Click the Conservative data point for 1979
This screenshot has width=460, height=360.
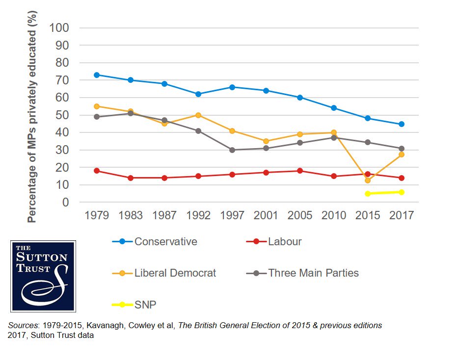coord(97,75)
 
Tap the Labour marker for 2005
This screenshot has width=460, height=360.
coord(299,171)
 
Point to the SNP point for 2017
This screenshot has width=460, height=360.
coord(402,192)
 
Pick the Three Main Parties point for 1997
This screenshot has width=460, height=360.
coord(232,150)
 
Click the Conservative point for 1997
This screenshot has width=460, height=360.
coord(232,87)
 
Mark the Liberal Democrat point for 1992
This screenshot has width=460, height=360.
coord(198,115)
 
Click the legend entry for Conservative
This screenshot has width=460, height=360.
coord(165,241)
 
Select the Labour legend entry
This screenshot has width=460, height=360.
coord(285,241)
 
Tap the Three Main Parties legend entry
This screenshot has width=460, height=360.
coord(313,273)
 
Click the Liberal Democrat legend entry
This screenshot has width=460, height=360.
coord(175,273)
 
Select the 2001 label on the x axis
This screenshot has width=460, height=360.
coord(266,215)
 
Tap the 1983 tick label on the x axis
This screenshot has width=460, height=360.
coord(130,215)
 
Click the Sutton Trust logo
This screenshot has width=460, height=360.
coord(43,276)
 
